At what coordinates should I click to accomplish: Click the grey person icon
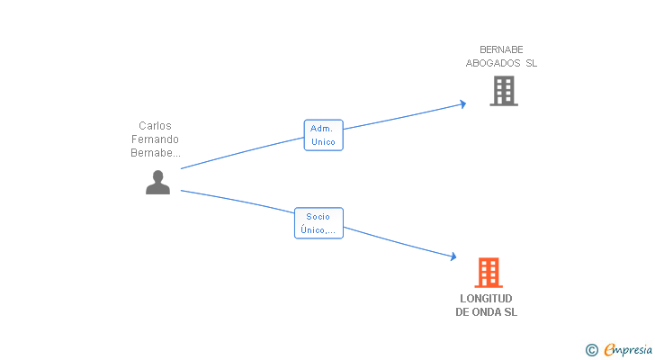(157, 182)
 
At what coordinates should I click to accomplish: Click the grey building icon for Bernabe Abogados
(503, 91)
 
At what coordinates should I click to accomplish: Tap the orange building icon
(488, 272)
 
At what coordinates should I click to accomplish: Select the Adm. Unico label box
(323, 135)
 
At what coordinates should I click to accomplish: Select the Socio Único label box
(319, 222)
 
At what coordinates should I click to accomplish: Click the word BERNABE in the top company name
(501, 49)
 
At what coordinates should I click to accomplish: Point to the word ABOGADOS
(493, 63)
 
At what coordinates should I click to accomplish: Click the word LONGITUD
(486, 298)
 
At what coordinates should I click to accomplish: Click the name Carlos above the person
(155, 126)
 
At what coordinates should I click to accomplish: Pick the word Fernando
(155, 139)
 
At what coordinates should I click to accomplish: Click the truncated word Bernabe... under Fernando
(155, 153)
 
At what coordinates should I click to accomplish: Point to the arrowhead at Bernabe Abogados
(462, 104)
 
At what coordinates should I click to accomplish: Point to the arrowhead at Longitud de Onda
(453, 257)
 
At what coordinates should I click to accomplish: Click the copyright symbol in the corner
(591, 350)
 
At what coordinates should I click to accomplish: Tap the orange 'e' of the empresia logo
(609, 350)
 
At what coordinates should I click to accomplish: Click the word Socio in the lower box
(318, 216)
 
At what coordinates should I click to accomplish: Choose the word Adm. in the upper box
(322, 129)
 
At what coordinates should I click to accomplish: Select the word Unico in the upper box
(323, 142)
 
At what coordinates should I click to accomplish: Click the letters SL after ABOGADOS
(531, 63)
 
